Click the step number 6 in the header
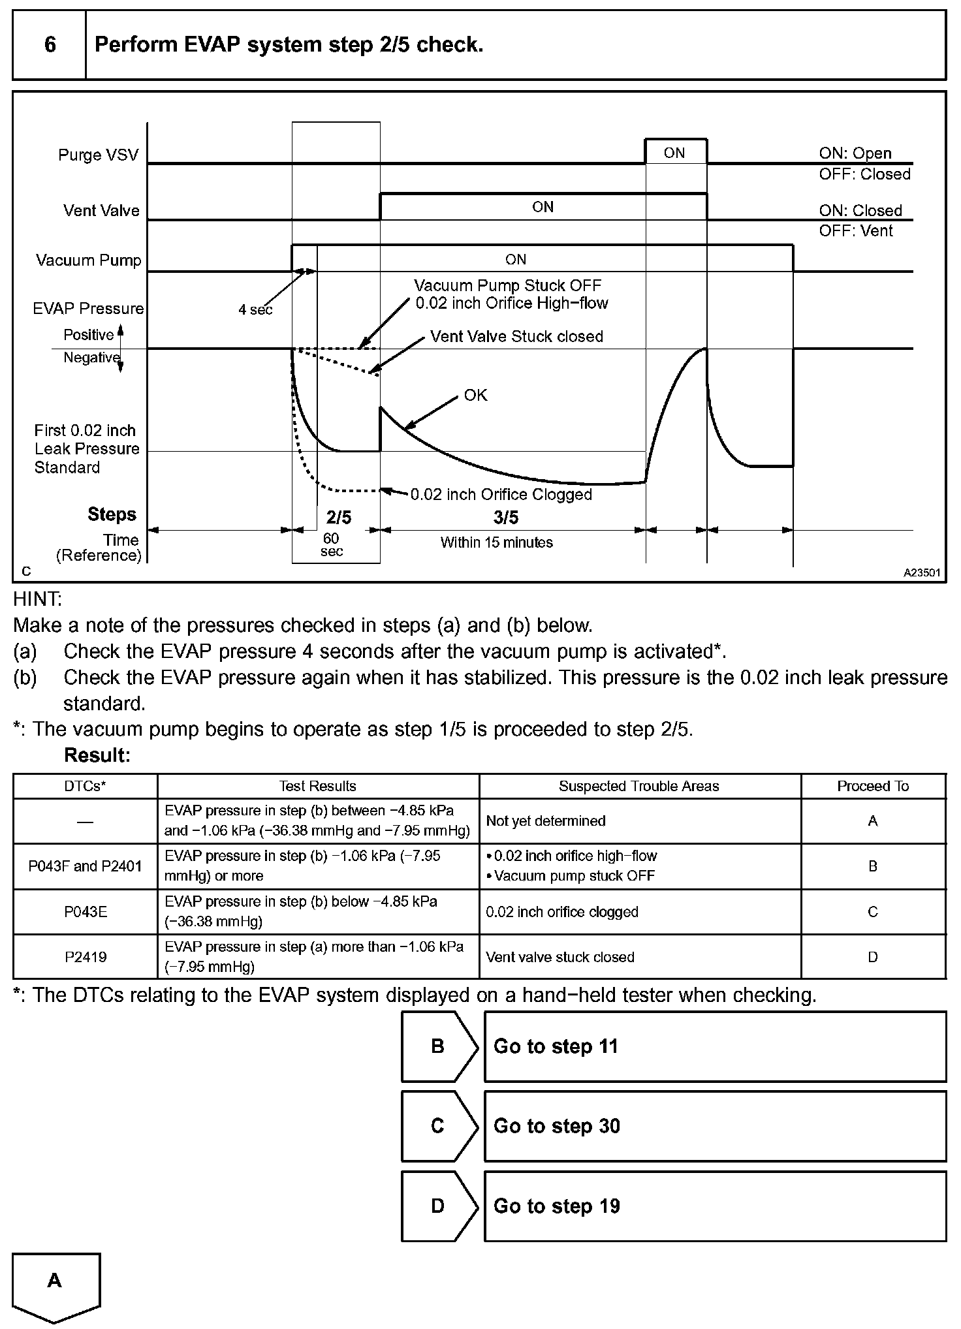50,45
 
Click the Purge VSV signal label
98,155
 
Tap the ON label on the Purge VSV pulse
674,153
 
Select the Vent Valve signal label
101,211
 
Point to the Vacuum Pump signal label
88,260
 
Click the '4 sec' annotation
255,310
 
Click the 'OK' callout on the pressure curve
475,396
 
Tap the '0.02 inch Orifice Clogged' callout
501,495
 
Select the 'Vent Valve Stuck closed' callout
516,337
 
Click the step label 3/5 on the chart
506,518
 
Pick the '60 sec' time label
331,545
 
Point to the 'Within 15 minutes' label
496,542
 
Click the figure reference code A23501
922,572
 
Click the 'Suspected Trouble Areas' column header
638,787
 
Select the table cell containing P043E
86,912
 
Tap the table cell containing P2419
86,957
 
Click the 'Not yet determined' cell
545,821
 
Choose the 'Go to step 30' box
715,1126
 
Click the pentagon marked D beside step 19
438,1206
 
